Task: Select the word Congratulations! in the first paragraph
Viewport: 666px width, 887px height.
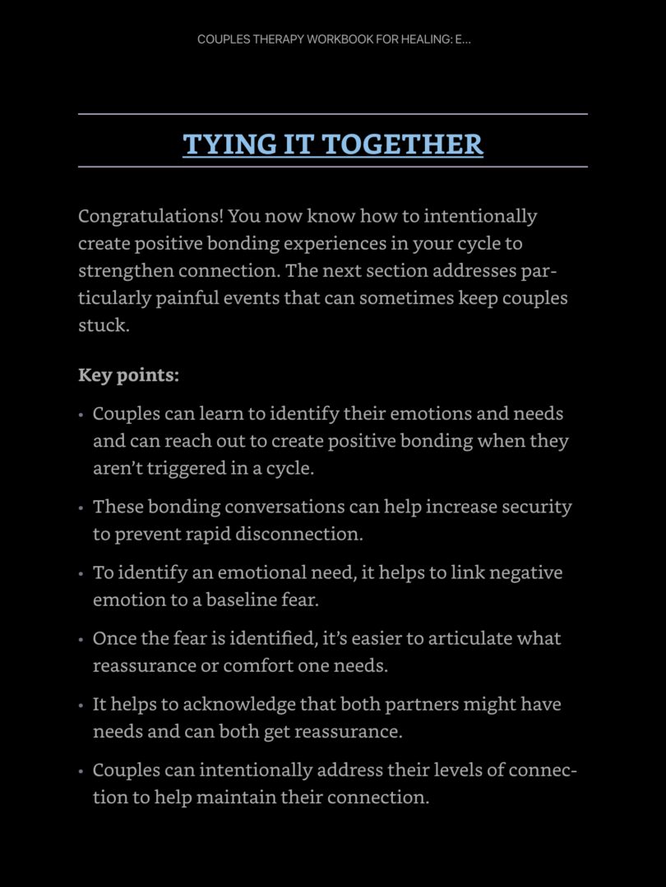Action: tap(150, 217)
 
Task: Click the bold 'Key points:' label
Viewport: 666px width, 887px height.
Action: tap(128, 375)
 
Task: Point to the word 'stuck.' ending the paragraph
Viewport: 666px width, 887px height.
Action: tap(104, 325)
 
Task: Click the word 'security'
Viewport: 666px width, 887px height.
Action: tap(537, 507)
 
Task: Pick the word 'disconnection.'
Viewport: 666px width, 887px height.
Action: tap(299, 534)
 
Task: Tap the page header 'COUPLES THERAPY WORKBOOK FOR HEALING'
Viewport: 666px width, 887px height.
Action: tap(333, 40)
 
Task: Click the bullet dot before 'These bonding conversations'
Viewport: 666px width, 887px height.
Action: tap(81, 508)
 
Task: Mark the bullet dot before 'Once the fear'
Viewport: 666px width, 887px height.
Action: tap(81, 640)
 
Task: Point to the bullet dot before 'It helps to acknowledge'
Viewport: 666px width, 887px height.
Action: tap(81, 705)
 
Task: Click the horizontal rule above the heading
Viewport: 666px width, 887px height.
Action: tap(333, 114)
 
